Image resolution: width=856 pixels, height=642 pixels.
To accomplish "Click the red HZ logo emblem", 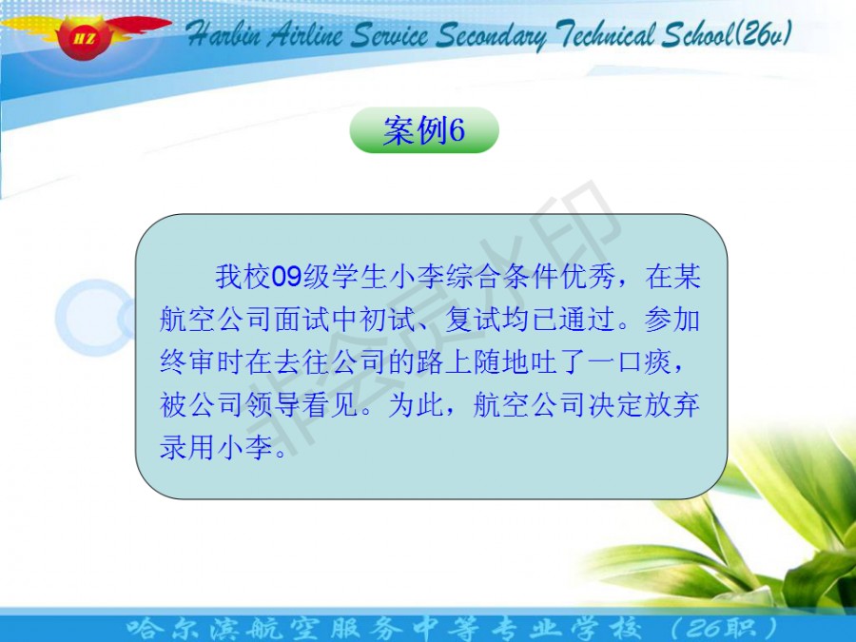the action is click(85, 36).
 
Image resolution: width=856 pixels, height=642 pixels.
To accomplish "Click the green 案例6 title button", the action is click(424, 130).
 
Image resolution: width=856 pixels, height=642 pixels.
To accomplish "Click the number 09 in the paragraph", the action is click(286, 276).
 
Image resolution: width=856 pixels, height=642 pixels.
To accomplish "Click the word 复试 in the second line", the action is click(474, 320).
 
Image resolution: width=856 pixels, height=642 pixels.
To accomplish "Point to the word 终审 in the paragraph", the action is click(187, 362).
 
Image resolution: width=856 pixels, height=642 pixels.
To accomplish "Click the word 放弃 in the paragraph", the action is click(671, 405).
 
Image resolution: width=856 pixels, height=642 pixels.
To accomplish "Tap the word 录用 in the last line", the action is click(187, 448).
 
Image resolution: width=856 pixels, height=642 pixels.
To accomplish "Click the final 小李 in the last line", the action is click(245, 448).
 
